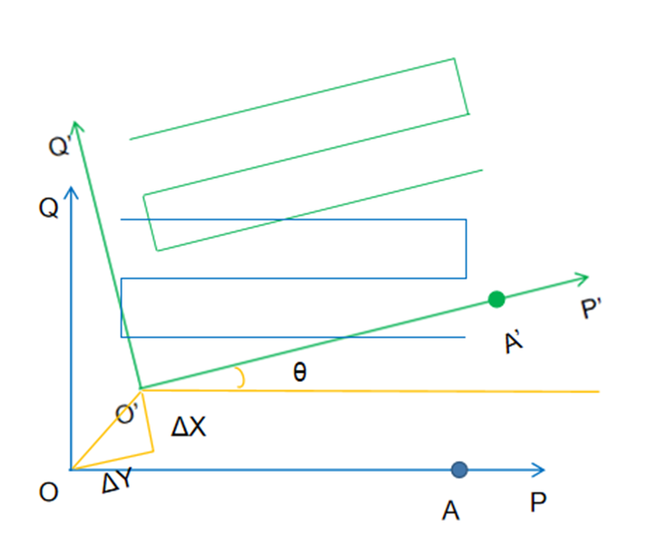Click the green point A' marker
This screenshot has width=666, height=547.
click(495, 299)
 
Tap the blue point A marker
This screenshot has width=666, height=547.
click(459, 469)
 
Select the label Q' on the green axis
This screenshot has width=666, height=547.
click(60, 144)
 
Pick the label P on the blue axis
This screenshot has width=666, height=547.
click(538, 502)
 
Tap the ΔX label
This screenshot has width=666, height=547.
click(188, 426)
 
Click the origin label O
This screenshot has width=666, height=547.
click(49, 492)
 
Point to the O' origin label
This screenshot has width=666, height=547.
click(128, 415)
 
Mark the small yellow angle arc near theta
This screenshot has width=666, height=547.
click(240, 378)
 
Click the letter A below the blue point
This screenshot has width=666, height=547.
click(450, 512)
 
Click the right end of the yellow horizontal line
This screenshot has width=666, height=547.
click(598, 391)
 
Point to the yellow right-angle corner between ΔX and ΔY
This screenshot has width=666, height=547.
click(153, 451)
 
